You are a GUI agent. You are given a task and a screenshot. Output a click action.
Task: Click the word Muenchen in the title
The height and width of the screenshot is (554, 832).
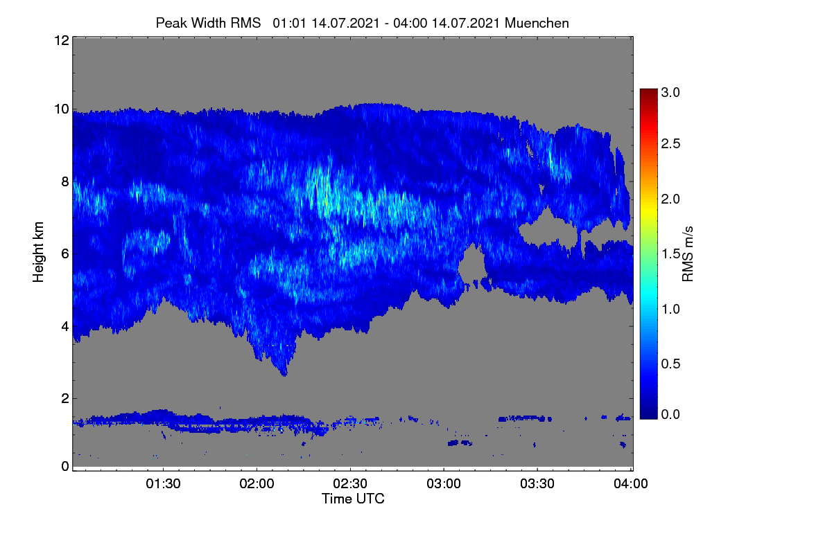click(x=537, y=23)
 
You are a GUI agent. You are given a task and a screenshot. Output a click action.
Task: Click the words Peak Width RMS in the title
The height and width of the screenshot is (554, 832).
click(x=208, y=23)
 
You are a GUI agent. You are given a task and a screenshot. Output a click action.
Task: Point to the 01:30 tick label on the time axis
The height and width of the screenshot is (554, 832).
click(x=163, y=484)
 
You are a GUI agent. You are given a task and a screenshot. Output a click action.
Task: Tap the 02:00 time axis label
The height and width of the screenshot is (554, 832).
click(x=257, y=484)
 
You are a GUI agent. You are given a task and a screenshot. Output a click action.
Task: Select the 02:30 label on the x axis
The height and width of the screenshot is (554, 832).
click(x=350, y=484)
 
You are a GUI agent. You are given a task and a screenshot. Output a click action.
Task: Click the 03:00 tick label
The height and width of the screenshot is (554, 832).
click(x=444, y=484)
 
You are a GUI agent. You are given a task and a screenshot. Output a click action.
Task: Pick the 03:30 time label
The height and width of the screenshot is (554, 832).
click(x=537, y=484)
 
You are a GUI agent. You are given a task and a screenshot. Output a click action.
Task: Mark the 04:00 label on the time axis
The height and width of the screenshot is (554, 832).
click(x=631, y=484)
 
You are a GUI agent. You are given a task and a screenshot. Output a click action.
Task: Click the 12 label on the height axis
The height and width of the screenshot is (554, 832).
click(x=62, y=40)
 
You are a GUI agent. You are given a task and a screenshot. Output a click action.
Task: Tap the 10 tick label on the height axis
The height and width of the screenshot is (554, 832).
click(x=62, y=109)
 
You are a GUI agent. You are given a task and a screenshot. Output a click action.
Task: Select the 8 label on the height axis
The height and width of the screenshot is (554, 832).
click(x=65, y=181)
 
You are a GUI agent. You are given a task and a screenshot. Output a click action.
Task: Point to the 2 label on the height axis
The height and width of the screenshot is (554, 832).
click(x=65, y=398)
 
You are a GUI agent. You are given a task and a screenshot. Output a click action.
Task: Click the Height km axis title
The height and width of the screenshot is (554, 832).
click(x=38, y=252)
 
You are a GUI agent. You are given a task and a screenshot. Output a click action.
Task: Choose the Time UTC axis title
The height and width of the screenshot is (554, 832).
click(x=353, y=499)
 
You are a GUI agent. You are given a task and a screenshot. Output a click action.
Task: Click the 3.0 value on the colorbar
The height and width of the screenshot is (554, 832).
click(x=670, y=92)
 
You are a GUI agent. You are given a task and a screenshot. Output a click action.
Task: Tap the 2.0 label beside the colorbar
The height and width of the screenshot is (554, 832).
click(x=670, y=199)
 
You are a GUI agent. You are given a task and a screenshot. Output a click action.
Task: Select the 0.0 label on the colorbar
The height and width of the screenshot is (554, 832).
click(x=670, y=414)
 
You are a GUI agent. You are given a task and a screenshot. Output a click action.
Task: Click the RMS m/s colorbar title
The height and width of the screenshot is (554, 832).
click(x=688, y=254)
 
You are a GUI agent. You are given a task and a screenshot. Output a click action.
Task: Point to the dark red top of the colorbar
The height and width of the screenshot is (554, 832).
click(x=648, y=91)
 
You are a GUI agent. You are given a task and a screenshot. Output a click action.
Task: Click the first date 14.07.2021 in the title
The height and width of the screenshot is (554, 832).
click(x=345, y=23)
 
